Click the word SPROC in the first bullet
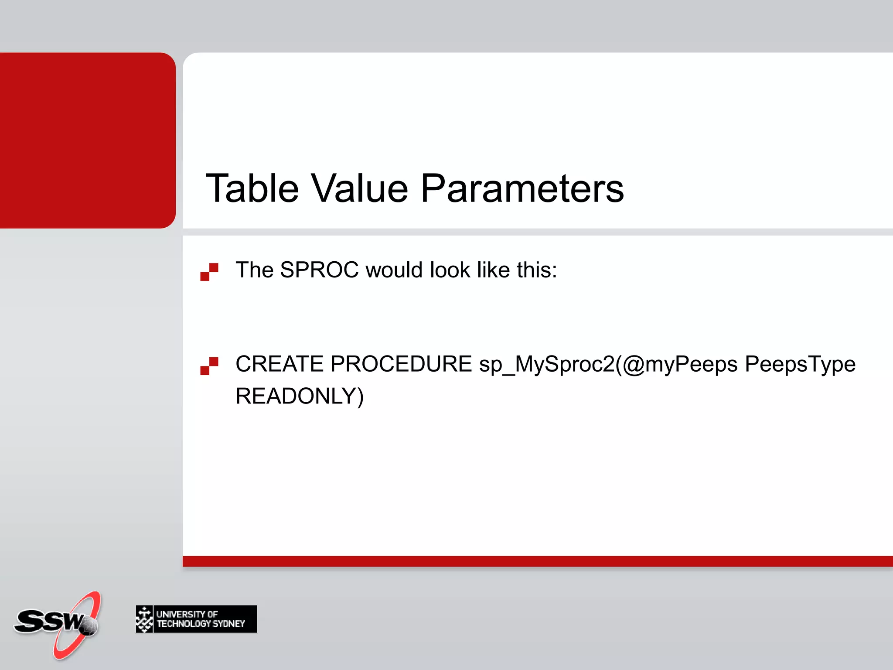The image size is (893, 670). point(319,270)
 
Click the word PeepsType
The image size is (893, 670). point(800,364)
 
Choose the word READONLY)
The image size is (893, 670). point(299,396)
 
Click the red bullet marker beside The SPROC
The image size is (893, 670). point(209,272)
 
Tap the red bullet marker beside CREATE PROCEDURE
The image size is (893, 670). point(209,366)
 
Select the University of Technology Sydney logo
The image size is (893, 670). point(196,619)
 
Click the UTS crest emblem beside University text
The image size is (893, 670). point(144,619)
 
